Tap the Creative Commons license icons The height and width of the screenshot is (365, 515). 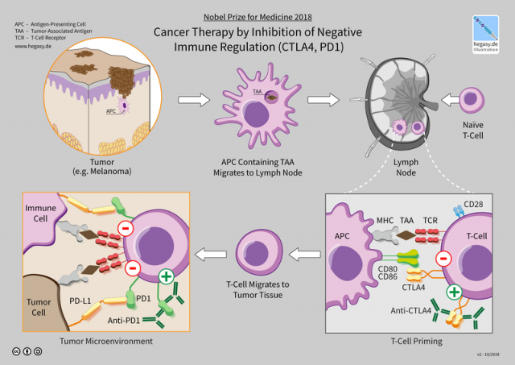[29, 352]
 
